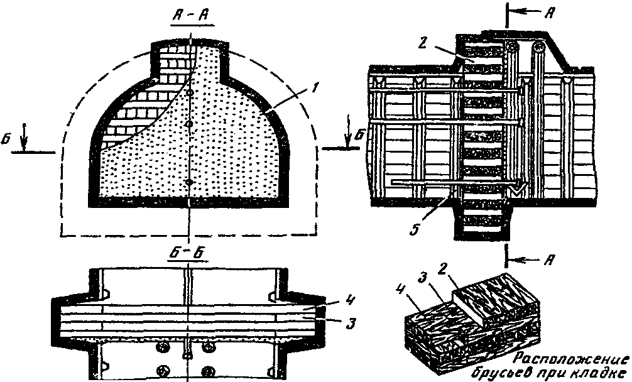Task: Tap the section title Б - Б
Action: point(190,254)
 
